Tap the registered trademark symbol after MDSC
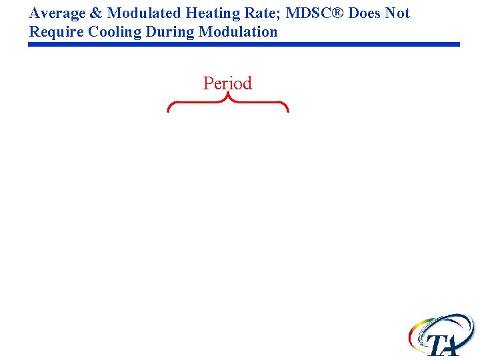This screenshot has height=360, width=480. [x=337, y=13]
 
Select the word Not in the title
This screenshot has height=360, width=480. [x=398, y=13]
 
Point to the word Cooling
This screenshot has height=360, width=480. [x=111, y=32]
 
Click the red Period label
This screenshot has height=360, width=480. [x=227, y=83]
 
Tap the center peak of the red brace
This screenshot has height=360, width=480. [x=228, y=97]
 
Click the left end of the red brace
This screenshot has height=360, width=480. [x=169, y=110]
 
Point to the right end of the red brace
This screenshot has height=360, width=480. [x=287, y=110]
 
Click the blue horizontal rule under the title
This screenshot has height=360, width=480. [x=244, y=45]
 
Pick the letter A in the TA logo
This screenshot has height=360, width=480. [x=453, y=345]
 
